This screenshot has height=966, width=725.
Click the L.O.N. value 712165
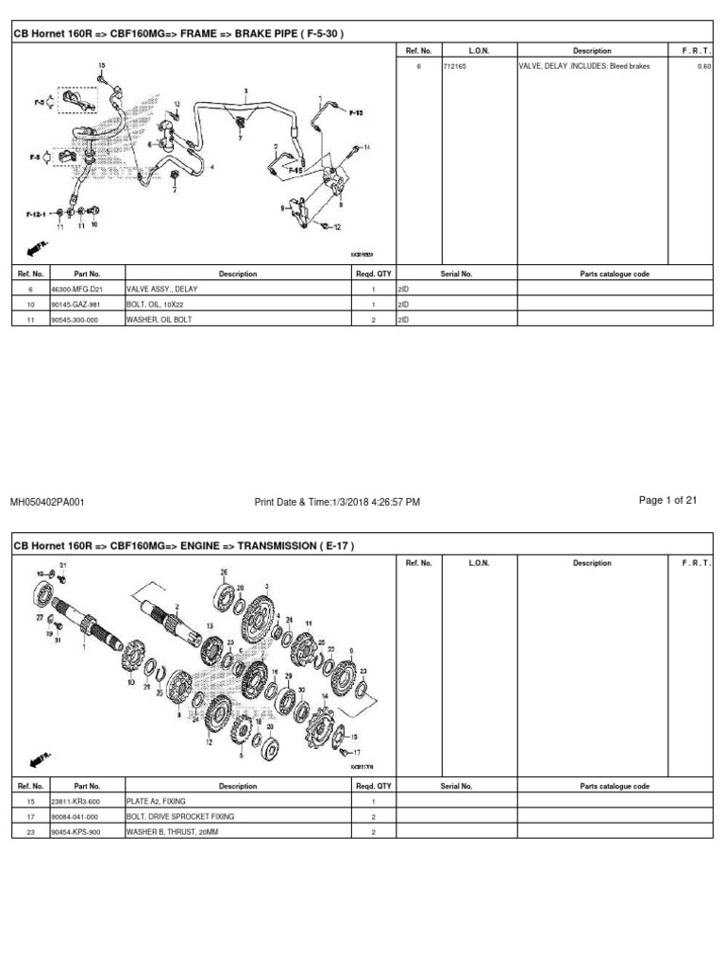click(x=455, y=67)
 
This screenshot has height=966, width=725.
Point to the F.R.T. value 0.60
click(x=703, y=67)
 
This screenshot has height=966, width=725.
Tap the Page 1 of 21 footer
click(x=667, y=501)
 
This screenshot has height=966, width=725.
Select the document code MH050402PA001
click(x=47, y=502)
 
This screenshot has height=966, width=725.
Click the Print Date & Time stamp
click(x=337, y=502)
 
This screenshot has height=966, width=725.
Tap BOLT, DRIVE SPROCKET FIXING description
click(x=179, y=816)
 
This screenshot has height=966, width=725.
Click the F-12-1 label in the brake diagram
click(x=37, y=214)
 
